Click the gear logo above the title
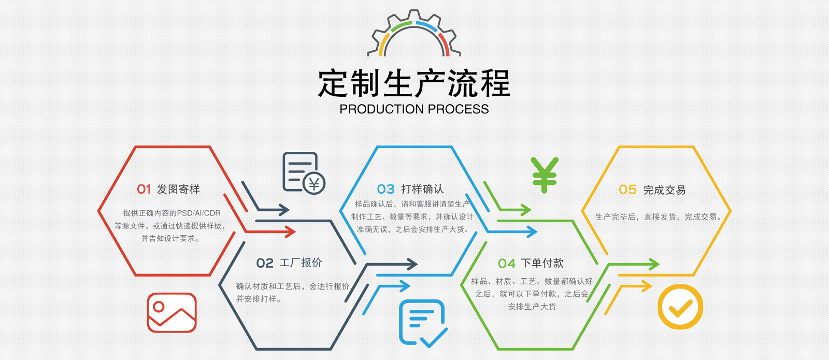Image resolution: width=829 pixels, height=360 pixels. click(x=414, y=34)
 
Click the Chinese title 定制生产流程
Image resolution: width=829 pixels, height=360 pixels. click(x=414, y=83)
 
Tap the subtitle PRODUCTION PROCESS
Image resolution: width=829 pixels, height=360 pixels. click(x=414, y=109)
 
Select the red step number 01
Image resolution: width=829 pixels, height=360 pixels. click(x=144, y=190)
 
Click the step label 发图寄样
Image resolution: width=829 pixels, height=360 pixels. click(x=178, y=190)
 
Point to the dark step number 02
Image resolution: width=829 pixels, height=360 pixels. click(x=265, y=263)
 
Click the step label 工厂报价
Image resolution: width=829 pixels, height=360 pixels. click(x=301, y=263)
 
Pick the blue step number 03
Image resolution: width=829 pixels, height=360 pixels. click(x=385, y=190)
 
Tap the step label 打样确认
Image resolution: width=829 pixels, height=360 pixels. click(x=422, y=189)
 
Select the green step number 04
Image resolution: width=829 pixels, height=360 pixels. click(x=507, y=264)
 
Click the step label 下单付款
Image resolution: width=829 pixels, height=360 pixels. click(x=542, y=263)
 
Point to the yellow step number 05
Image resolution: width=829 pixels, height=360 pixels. click(x=627, y=190)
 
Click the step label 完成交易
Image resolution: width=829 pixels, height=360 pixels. click(x=664, y=190)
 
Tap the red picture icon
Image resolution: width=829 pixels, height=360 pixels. click(x=171, y=312)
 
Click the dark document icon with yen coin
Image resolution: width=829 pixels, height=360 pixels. click(x=303, y=173)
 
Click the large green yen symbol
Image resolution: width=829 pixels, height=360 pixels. click(x=544, y=175)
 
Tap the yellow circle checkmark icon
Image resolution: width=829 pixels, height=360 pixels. click(x=680, y=307)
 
